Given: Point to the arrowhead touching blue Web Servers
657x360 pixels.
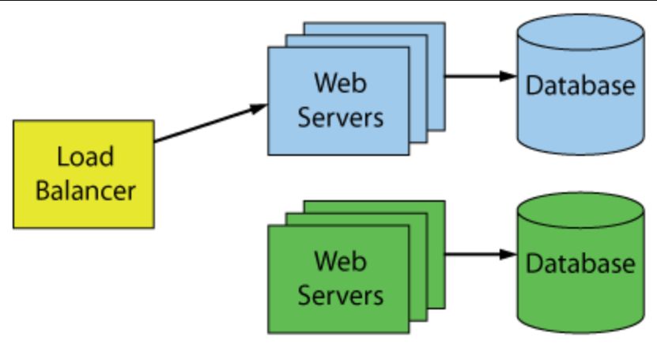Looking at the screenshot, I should tap(260, 107).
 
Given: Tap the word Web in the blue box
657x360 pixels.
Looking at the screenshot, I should tap(338, 82).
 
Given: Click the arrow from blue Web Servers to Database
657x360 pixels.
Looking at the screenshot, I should tap(474, 77).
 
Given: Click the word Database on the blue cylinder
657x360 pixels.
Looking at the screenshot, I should tap(580, 85).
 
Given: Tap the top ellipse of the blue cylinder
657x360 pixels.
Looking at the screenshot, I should tap(580, 32).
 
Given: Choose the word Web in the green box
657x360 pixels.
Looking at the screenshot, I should tap(338, 260).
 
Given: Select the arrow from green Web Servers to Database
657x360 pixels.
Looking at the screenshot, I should tap(474, 255).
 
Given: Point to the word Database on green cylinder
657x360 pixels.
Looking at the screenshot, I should tap(580, 263).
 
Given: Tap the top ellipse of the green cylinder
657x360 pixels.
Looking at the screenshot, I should tap(580, 210).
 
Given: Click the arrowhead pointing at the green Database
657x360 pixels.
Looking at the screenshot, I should tap(508, 255).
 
